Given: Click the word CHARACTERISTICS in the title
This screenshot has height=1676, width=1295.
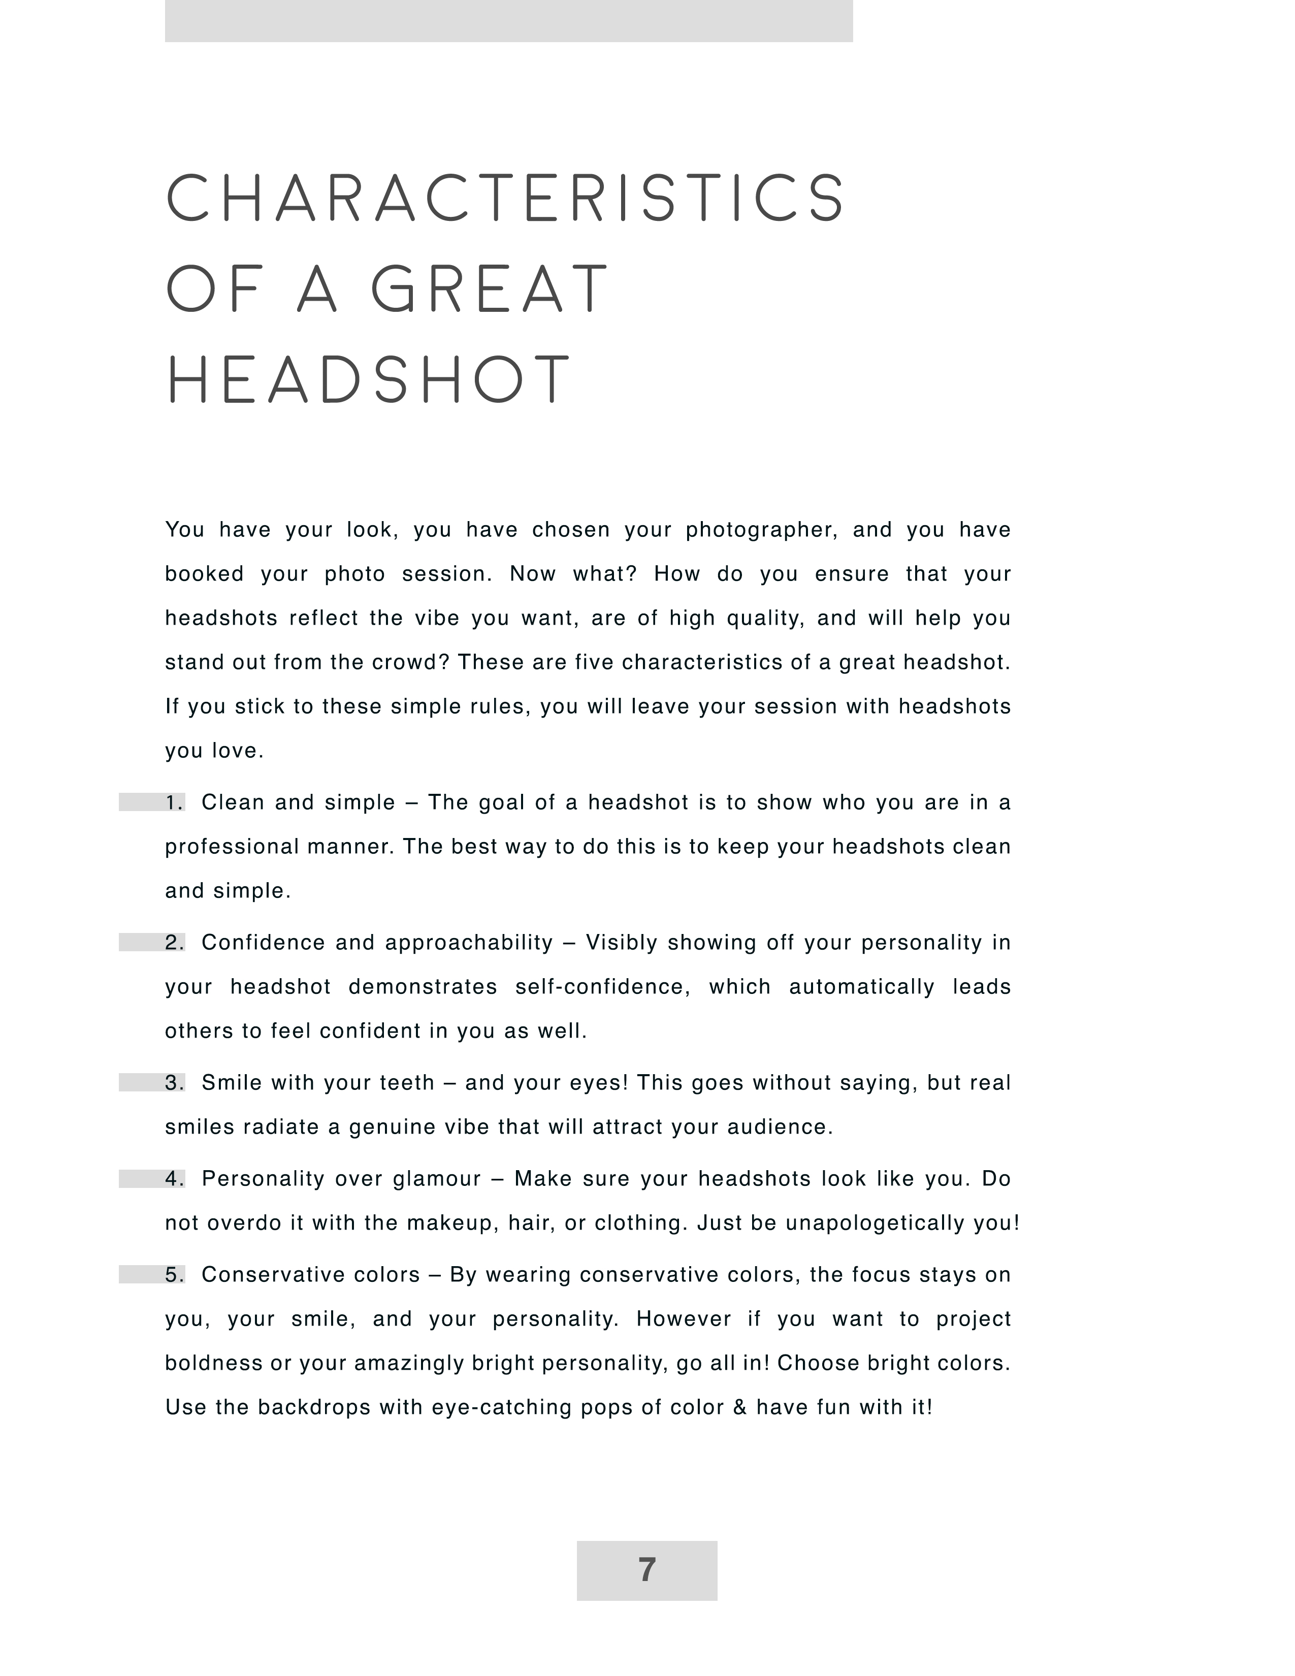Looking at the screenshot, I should [506, 198].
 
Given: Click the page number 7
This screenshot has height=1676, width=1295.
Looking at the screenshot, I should [646, 1570].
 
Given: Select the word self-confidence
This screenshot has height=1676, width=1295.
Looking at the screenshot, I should [602, 987].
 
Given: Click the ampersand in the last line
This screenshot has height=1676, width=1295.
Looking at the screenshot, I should [739, 1407].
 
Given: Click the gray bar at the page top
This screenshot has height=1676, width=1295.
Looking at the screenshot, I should [509, 21].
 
